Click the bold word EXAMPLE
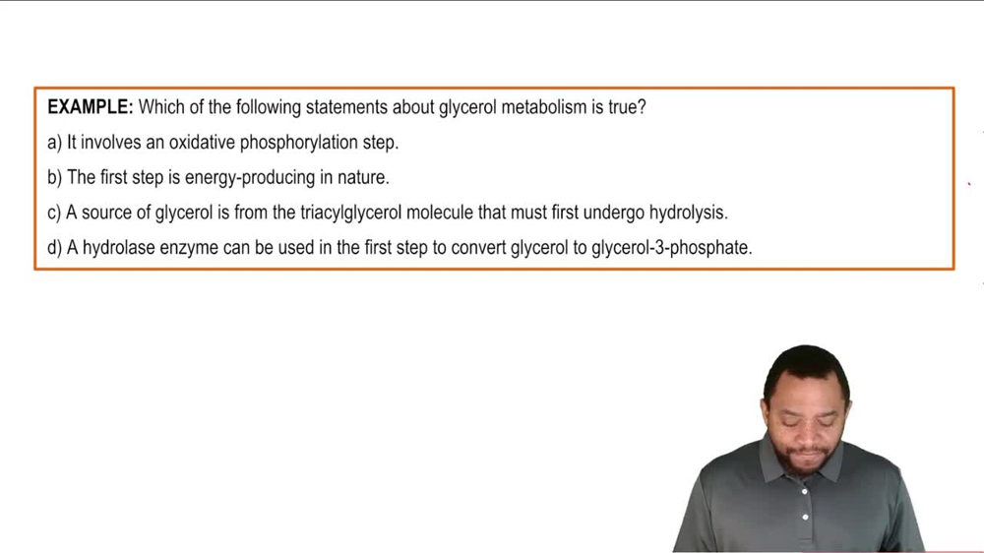click(x=90, y=107)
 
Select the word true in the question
click(x=626, y=107)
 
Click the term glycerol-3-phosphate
click(x=671, y=248)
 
